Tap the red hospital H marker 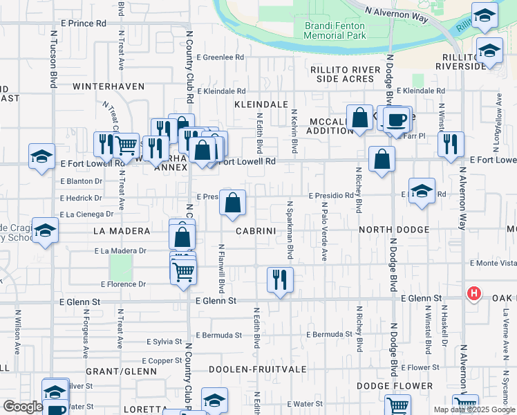474,293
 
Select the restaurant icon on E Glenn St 280,279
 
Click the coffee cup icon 396,120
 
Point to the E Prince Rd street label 83,24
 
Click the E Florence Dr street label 123,284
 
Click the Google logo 23,406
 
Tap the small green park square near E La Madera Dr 120,267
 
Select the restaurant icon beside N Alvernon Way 450,144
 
